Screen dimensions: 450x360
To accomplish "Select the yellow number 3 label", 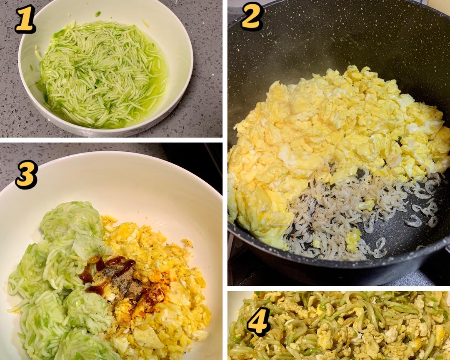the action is [x=27, y=175].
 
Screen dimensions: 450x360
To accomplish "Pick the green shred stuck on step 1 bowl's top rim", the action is [x=98, y=14].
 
